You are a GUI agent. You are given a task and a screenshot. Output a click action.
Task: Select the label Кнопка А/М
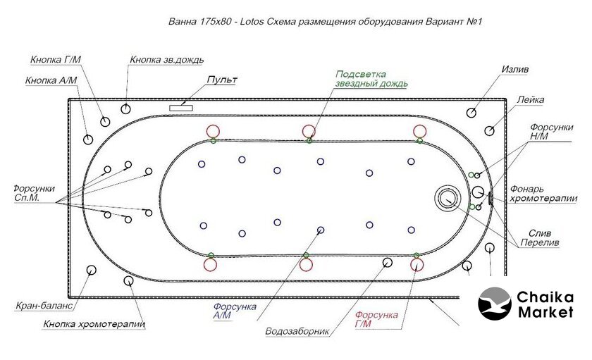[51, 80]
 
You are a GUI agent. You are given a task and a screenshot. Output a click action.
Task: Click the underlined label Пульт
[221, 80]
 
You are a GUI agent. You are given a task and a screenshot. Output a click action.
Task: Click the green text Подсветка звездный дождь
[371, 78]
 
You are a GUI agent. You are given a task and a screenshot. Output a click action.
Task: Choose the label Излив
[514, 70]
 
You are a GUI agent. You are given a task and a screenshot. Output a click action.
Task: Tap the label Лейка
[530, 100]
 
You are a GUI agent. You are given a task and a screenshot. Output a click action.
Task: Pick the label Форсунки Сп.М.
[34, 194]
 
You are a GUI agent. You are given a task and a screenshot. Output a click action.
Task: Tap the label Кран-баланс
[45, 307]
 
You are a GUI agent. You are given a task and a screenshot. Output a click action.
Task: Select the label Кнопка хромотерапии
[94, 325]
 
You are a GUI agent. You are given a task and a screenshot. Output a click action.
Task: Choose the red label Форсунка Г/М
[377, 319]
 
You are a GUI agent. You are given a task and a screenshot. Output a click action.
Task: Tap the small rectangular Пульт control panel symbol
[182, 106]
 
